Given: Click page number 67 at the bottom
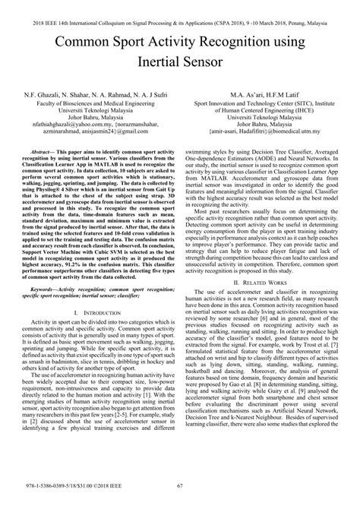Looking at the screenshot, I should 179,497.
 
